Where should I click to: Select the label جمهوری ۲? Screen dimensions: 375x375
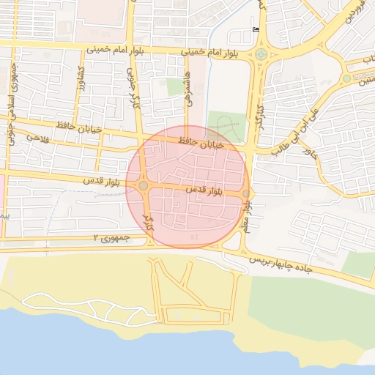(x=111, y=238)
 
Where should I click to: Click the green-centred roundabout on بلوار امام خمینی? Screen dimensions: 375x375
(x=261, y=54)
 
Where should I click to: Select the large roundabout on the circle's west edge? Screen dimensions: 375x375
(x=144, y=186)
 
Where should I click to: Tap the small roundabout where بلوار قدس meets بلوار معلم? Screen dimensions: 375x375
(x=245, y=194)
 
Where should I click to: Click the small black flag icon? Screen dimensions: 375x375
(x=256, y=29)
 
